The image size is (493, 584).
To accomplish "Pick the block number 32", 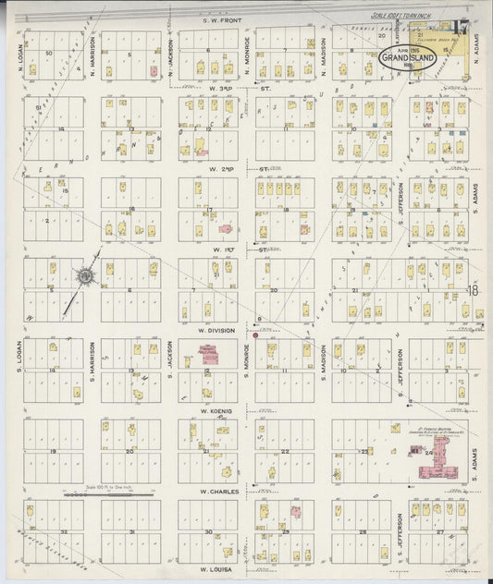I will (64, 533).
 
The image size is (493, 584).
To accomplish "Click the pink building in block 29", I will (295, 511).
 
